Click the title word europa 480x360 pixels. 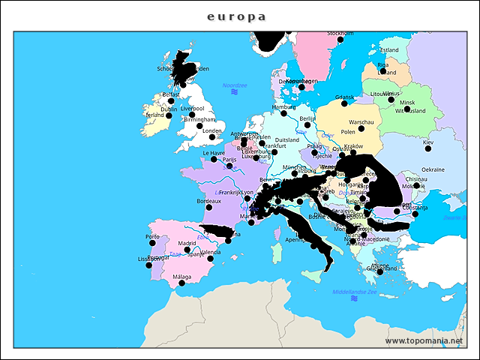[x=236, y=16]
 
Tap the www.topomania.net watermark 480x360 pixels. [x=424, y=340]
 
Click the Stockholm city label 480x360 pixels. [x=340, y=34]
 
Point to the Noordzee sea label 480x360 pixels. [x=235, y=85]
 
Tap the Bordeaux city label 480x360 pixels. [x=208, y=201]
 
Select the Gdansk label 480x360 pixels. [x=344, y=97]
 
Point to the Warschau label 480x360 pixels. [x=361, y=121]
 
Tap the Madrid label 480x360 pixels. [x=187, y=243]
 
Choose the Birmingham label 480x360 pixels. [x=199, y=119]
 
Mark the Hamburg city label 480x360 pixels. [x=283, y=106]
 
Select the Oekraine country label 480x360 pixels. [x=433, y=169]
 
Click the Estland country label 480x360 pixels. [x=389, y=50]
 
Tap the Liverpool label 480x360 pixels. [x=192, y=108]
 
